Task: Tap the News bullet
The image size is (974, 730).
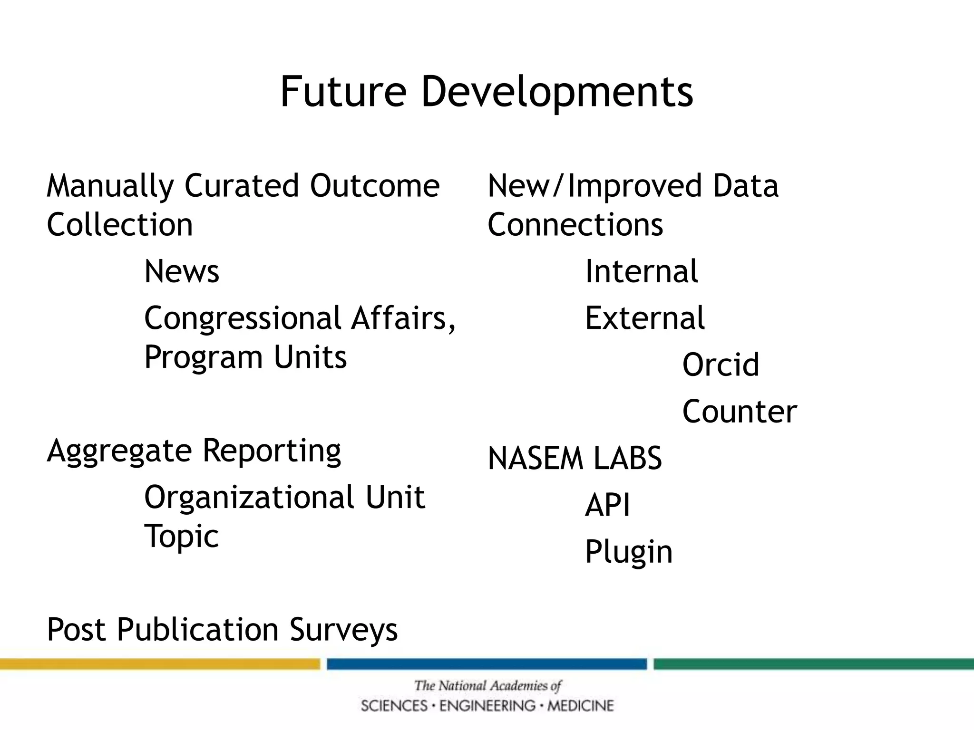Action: click(x=182, y=271)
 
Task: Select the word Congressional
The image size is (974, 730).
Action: click(x=243, y=318)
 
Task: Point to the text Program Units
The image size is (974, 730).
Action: click(x=245, y=357)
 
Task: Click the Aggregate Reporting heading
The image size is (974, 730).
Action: click(x=194, y=451)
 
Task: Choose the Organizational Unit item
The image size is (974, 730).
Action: click(x=284, y=497)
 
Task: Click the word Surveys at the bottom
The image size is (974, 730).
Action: click(x=343, y=630)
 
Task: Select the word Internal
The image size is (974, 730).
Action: click(x=641, y=271)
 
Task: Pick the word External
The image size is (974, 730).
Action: click(x=644, y=318)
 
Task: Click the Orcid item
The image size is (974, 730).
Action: click(x=721, y=365)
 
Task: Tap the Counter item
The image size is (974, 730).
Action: click(x=740, y=412)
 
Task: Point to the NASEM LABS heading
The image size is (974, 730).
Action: click(x=575, y=459)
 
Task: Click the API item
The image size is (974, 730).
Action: click(x=607, y=505)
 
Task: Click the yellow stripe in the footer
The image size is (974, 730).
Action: click(x=160, y=664)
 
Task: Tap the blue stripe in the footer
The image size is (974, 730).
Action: click(x=487, y=664)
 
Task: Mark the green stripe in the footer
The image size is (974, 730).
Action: click(x=813, y=664)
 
